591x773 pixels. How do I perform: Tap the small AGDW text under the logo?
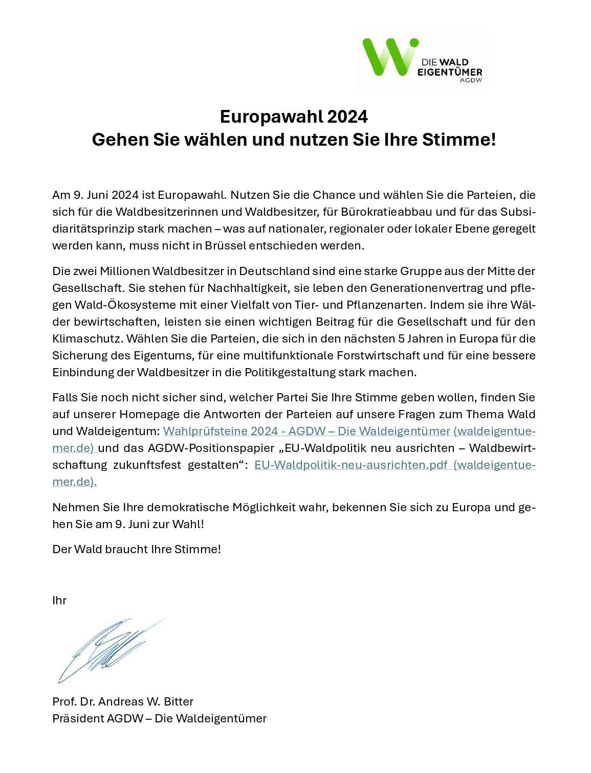471,80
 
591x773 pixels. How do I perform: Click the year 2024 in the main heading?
347,117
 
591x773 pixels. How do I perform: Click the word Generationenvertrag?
426,288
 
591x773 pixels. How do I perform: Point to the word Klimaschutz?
87,338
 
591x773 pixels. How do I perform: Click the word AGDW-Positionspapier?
211,448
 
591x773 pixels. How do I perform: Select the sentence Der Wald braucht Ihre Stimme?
137,549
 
